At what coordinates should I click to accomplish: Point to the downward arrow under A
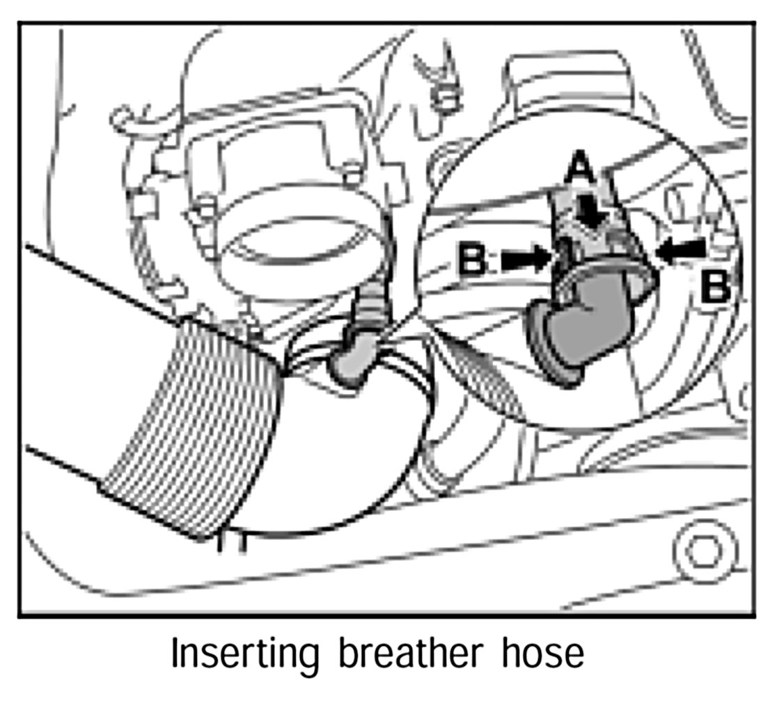point(592,209)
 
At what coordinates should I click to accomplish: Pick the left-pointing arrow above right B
point(682,250)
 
